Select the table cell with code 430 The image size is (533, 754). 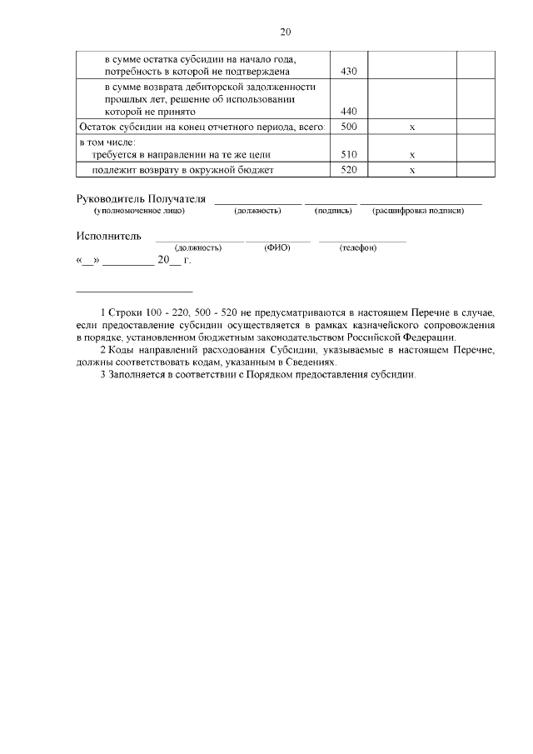click(349, 72)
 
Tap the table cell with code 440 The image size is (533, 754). click(349, 111)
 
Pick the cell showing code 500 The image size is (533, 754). click(349, 127)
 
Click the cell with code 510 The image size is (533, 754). click(349, 155)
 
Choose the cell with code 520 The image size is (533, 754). click(349, 171)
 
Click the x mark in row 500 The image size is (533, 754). click(412, 127)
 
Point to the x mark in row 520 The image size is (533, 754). click(412, 171)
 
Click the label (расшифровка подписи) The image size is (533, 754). click(418, 211)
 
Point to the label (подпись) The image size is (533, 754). click(333, 211)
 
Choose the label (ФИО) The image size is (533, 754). click(276, 248)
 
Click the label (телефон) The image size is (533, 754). click(358, 248)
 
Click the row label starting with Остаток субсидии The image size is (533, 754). click(200, 127)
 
